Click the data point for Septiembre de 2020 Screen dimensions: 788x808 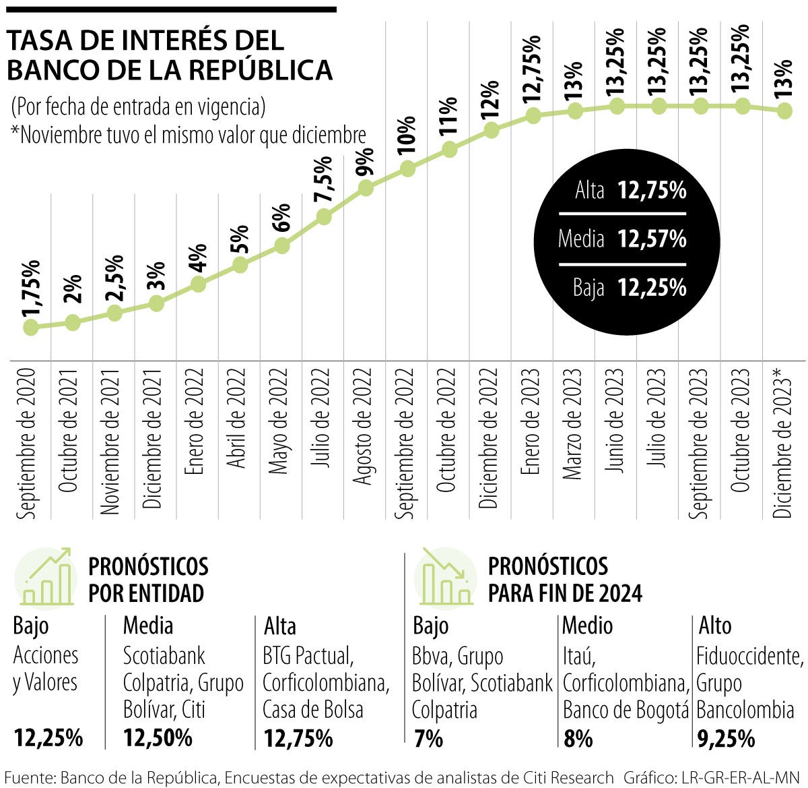pyautogui.click(x=30, y=328)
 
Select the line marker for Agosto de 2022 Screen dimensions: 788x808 pyautogui.click(x=366, y=188)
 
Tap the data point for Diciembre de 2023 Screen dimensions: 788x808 pyautogui.click(x=784, y=111)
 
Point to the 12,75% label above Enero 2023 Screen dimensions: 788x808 pyautogui.click(x=532, y=68)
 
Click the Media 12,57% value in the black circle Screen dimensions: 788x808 pyautogui.click(x=652, y=239)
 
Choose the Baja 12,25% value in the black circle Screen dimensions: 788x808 pyautogui.click(x=652, y=288)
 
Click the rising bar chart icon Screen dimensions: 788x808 pyautogui.click(x=46, y=577)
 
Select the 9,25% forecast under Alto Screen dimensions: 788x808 pyautogui.click(x=726, y=739)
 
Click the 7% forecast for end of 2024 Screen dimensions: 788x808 pyautogui.click(x=428, y=739)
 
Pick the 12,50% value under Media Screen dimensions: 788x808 pyautogui.click(x=158, y=739)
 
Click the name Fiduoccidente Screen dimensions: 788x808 pyautogui.click(x=749, y=656)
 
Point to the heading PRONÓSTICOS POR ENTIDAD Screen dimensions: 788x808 pyautogui.click(x=148, y=579)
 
